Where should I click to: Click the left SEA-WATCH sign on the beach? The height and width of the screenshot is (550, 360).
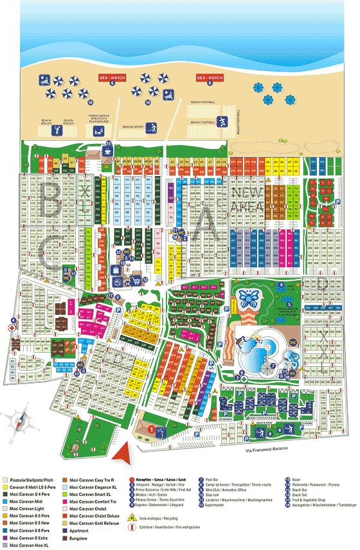[x=111, y=77]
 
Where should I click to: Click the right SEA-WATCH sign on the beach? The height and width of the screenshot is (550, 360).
[x=209, y=77]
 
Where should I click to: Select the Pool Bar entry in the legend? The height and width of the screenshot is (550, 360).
[x=214, y=479]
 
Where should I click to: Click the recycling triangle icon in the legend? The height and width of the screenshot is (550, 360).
[x=134, y=517]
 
